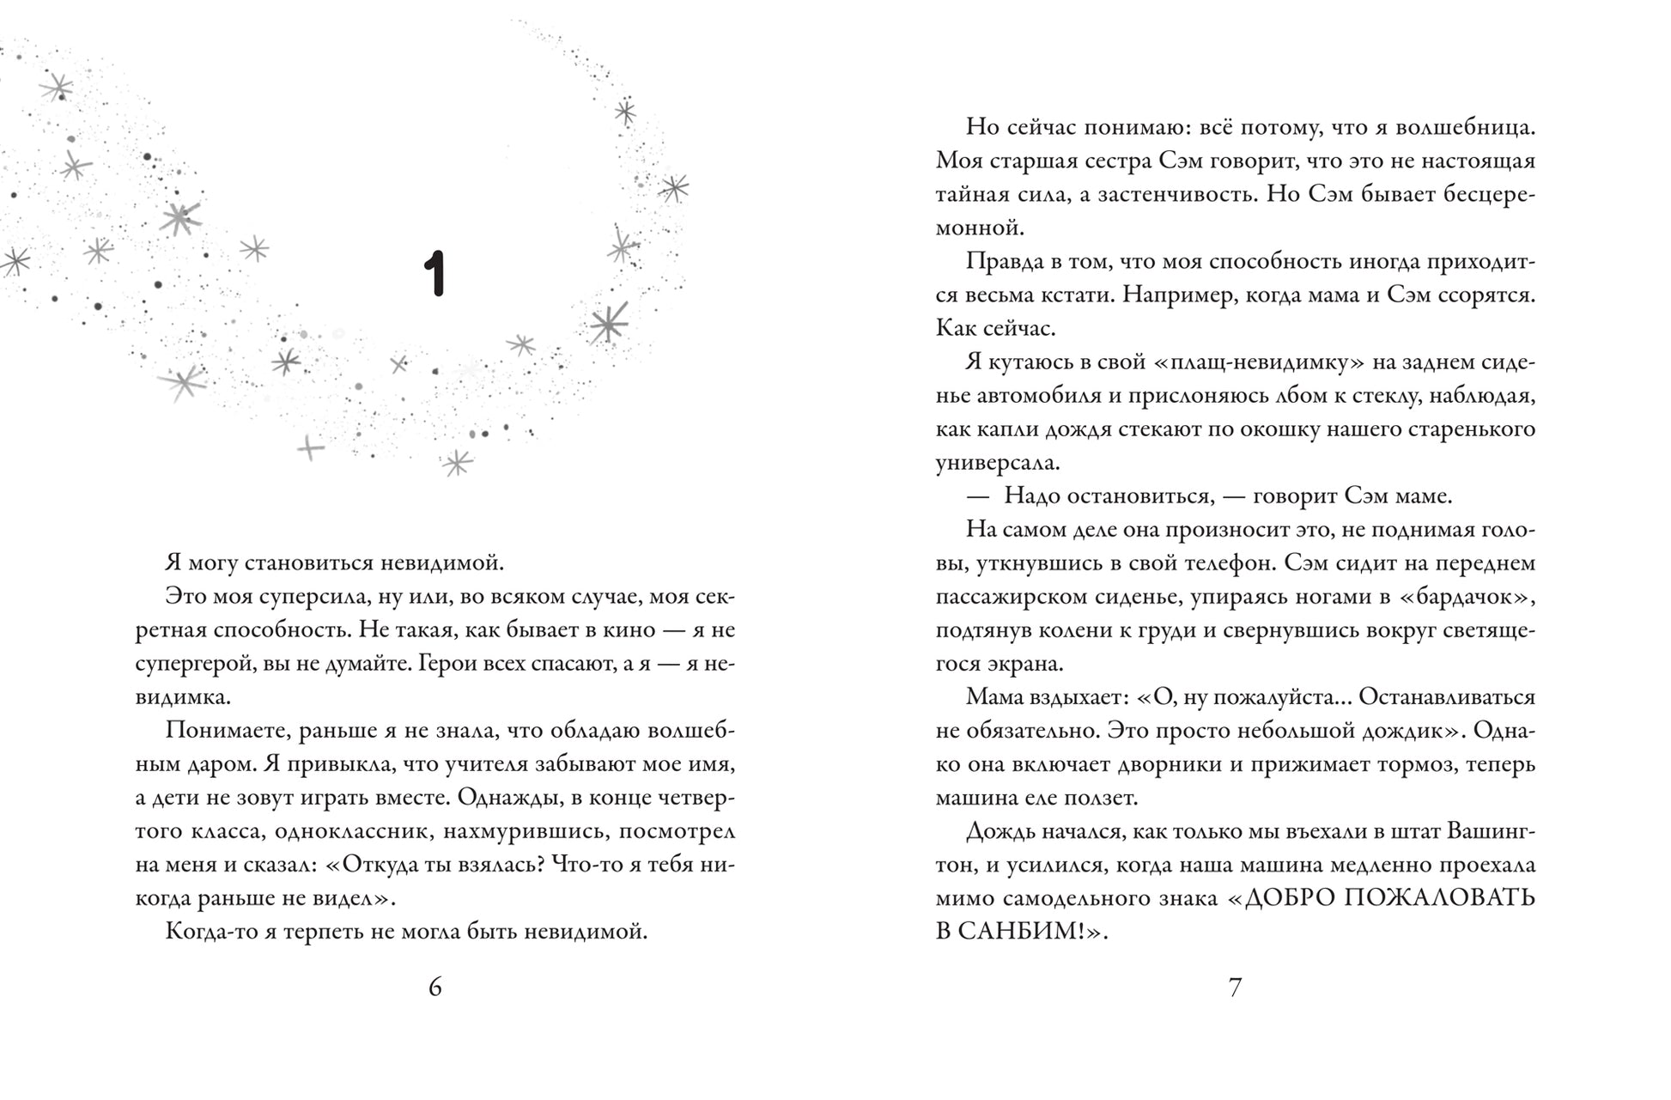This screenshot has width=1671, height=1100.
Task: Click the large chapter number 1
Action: click(x=435, y=274)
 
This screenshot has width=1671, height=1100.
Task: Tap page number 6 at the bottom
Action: click(x=435, y=988)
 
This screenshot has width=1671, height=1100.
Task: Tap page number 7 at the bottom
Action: click(x=1235, y=988)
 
